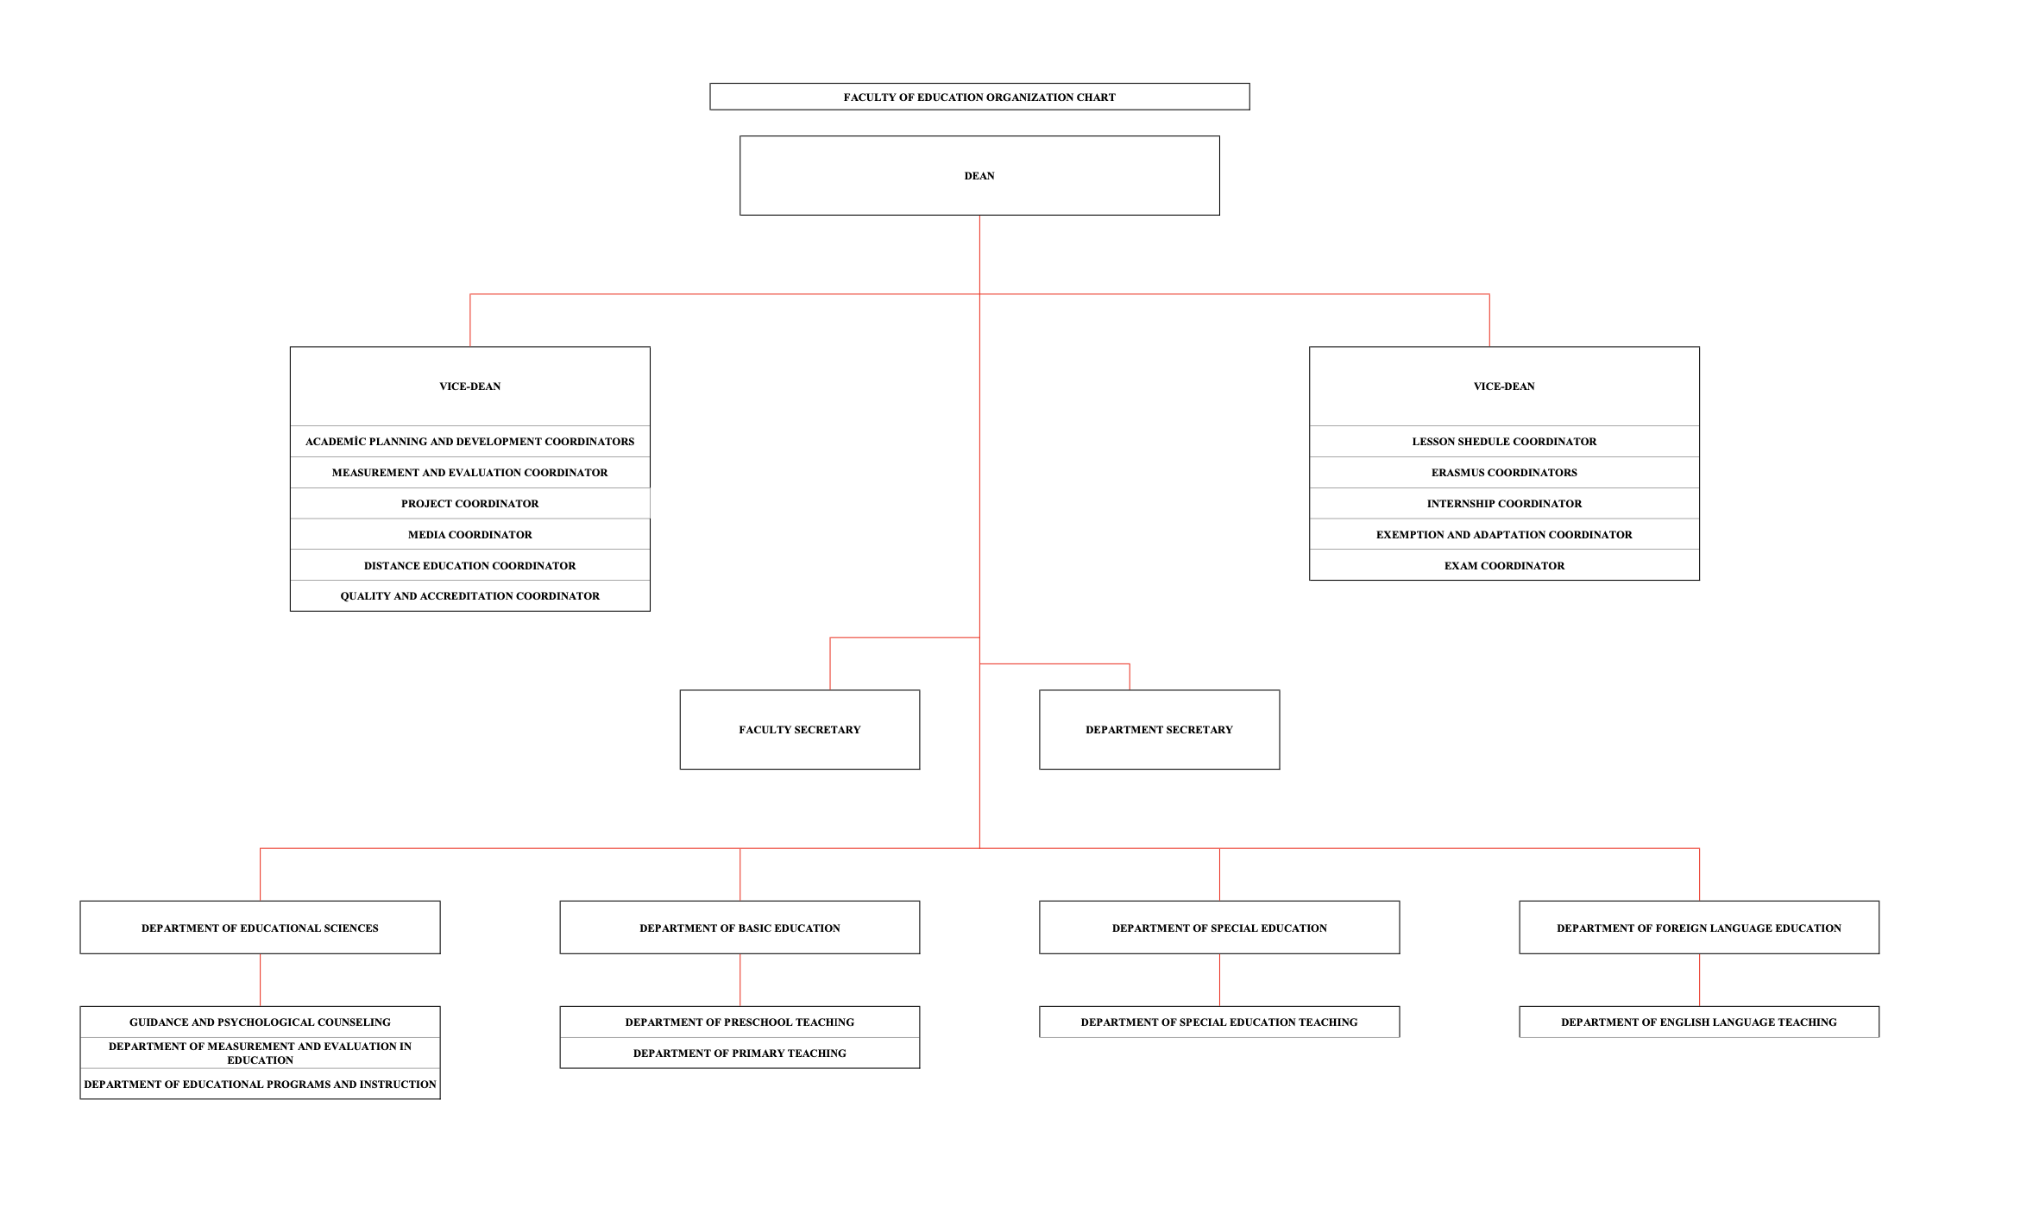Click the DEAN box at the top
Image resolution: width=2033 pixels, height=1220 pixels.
click(979, 175)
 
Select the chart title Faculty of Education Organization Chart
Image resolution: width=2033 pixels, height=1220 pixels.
click(979, 97)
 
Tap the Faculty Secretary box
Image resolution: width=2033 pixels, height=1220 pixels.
click(800, 729)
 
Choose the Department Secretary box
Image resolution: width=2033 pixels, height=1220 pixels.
click(1159, 729)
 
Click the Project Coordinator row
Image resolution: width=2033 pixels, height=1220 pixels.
click(470, 503)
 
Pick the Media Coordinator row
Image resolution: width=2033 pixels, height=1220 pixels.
click(470, 534)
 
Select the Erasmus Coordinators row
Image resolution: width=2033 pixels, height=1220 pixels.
click(1504, 472)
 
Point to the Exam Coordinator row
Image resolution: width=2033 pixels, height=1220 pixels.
click(1504, 565)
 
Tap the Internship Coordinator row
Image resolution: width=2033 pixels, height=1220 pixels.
click(1504, 503)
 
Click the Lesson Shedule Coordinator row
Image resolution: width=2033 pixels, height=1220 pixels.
click(1504, 441)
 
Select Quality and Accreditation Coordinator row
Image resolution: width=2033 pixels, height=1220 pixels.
click(470, 595)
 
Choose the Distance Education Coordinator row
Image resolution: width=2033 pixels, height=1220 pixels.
click(470, 565)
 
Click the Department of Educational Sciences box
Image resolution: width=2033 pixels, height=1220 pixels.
click(260, 928)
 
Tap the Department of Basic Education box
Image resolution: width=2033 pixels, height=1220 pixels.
click(740, 928)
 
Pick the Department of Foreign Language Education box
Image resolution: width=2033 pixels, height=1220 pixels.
click(1699, 928)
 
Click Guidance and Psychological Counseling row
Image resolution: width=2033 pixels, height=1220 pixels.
click(260, 1022)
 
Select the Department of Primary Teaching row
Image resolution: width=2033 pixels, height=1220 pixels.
click(740, 1053)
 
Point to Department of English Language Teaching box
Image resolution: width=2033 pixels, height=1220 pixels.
click(1699, 1022)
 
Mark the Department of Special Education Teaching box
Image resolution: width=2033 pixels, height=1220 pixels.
click(1219, 1022)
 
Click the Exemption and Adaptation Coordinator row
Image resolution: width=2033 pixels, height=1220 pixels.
click(1504, 534)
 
